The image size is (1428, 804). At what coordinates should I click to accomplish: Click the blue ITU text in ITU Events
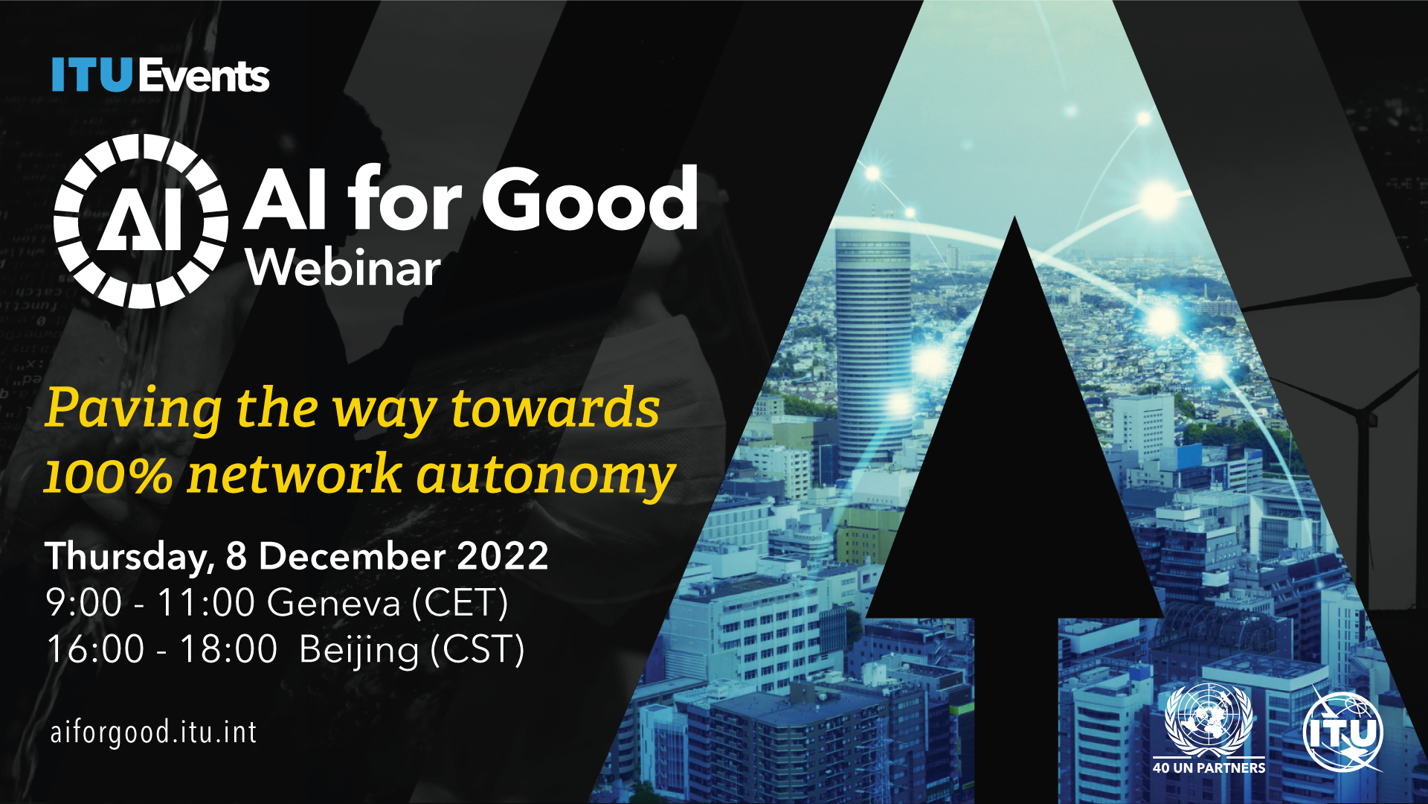(x=91, y=75)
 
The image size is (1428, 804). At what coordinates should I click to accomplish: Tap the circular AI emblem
(x=141, y=221)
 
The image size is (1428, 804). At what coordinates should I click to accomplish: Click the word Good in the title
(x=590, y=197)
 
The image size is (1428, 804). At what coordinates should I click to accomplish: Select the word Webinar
(x=344, y=267)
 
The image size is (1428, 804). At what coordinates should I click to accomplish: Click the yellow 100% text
(x=109, y=474)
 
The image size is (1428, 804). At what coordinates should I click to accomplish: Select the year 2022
(x=503, y=556)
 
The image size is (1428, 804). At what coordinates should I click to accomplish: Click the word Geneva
(x=335, y=602)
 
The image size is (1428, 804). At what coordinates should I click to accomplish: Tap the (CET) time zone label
(x=461, y=603)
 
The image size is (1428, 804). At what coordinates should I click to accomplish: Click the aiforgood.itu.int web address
(x=154, y=732)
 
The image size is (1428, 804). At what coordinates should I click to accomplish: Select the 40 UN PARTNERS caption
(x=1209, y=768)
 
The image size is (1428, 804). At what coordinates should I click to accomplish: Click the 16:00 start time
(x=95, y=649)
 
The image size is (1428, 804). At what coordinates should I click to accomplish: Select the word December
(x=352, y=556)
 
